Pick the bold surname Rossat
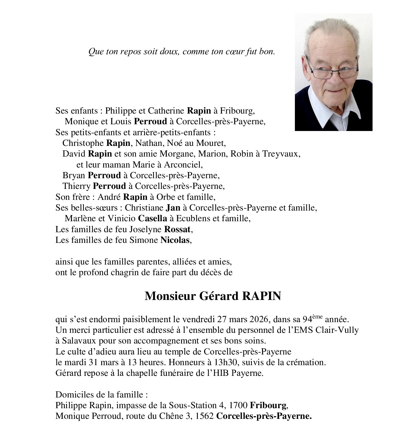pyautogui.click(x=177, y=229)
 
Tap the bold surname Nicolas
pyautogui.click(x=175, y=240)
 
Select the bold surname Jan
pyautogui.click(x=173, y=208)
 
